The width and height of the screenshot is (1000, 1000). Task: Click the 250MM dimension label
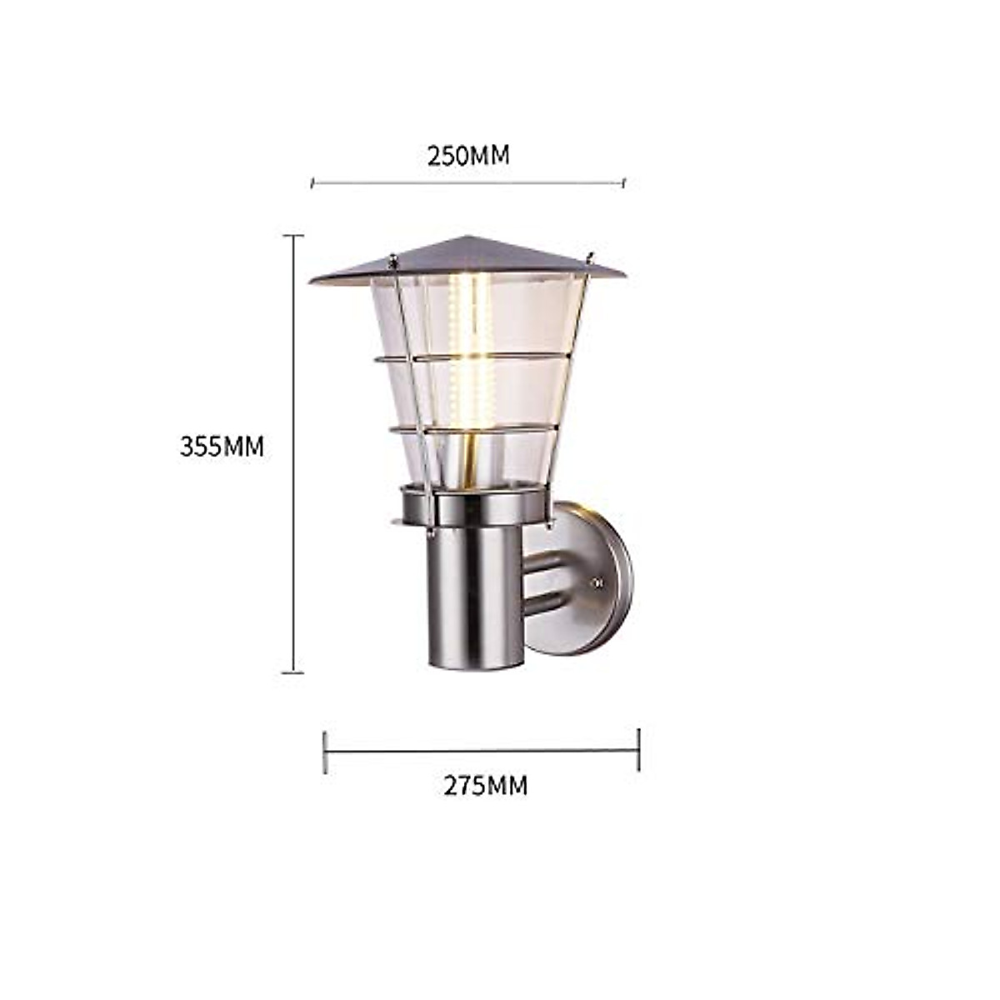point(467,156)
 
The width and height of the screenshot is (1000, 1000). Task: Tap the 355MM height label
point(222,447)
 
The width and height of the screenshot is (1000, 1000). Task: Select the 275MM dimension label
point(485,786)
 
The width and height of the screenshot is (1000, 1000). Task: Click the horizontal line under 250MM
point(467,182)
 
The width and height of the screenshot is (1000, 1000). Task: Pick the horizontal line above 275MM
point(482,750)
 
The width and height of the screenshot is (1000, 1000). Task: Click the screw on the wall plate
point(597,583)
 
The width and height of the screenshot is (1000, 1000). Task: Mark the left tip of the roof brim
point(311,281)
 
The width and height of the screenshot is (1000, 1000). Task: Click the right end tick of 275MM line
point(638,750)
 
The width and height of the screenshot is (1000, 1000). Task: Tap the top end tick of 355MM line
point(292,237)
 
